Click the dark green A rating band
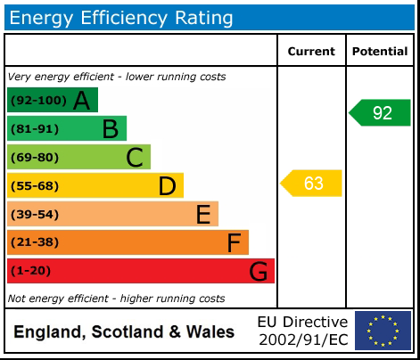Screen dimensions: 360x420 [53, 100]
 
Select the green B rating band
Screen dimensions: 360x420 [67, 128]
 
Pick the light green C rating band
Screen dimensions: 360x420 [78, 157]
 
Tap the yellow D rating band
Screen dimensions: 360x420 [95, 185]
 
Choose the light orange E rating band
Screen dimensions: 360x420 [112, 214]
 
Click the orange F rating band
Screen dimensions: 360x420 [128, 242]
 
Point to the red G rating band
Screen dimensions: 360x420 [141, 271]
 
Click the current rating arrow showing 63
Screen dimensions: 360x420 [311, 184]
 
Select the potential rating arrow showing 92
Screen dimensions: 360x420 [380, 113]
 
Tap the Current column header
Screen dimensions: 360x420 [311, 52]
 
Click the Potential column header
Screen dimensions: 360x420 [380, 52]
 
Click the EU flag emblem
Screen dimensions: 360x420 [383, 331]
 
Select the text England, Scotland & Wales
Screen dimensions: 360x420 [124, 332]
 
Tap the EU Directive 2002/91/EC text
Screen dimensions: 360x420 [302, 331]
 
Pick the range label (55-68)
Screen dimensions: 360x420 [36, 186]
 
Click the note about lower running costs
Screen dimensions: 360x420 [117, 77]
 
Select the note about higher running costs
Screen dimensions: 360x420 [116, 299]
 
